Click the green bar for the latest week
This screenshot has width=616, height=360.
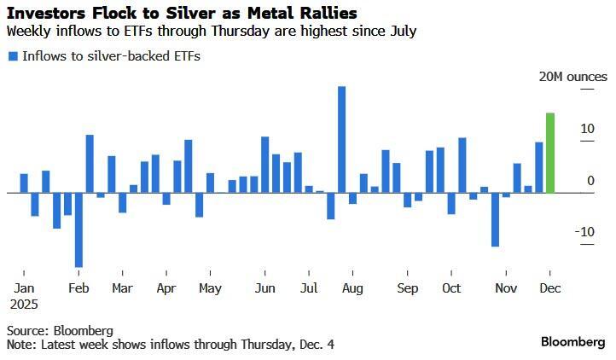(550, 153)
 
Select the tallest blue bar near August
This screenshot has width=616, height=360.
(341, 139)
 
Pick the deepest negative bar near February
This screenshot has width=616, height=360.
(78, 229)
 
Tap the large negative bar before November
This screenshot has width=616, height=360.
(495, 219)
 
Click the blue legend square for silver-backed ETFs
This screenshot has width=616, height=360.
(13, 56)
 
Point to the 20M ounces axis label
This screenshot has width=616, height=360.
(572, 77)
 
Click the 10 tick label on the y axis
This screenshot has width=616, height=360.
(587, 129)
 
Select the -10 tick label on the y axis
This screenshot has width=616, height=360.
(584, 232)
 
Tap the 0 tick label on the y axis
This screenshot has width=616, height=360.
(590, 180)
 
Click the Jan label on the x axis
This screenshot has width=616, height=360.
(25, 288)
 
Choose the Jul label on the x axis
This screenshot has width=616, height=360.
(310, 288)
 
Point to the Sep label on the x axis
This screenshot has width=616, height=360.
(408, 288)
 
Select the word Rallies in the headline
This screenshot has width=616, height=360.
(327, 14)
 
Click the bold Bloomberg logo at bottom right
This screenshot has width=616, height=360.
(572, 341)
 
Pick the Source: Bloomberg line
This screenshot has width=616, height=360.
(60, 329)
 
